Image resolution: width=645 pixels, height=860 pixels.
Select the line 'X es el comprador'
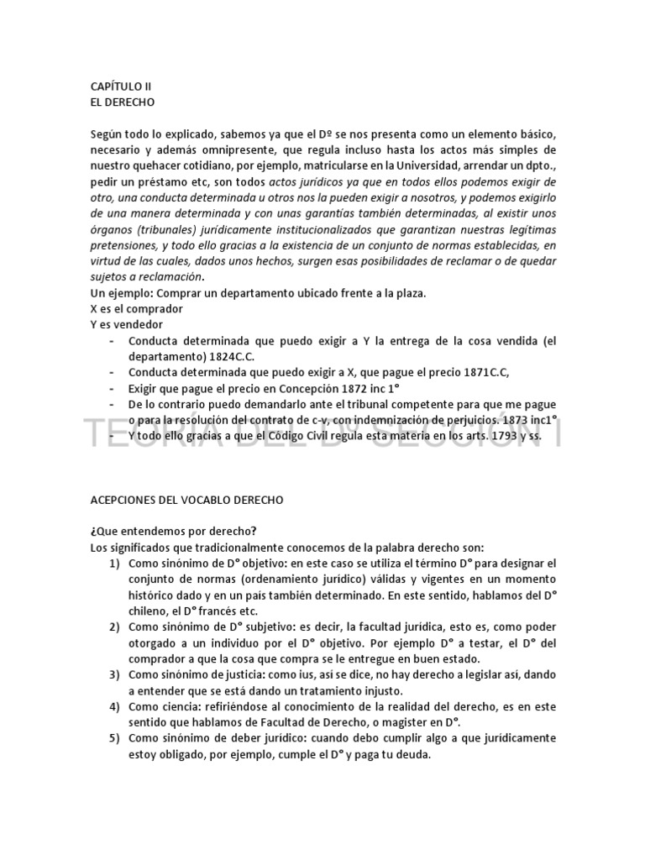click(136, 309)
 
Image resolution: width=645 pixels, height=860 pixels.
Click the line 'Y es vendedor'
click(126, 324)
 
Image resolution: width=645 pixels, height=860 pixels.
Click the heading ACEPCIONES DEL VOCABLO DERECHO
click(186, 499)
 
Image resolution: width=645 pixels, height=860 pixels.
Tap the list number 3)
click(113, 674)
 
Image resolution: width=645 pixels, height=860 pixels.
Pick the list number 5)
click(113, 738)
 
